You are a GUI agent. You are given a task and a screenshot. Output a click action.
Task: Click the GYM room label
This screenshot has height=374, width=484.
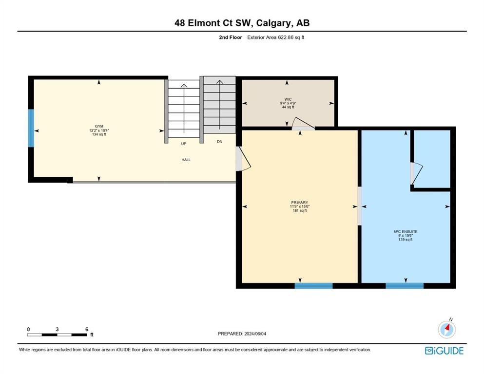tap(99, 127)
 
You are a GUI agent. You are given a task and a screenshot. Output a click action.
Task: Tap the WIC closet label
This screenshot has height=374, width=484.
tap(288, 99)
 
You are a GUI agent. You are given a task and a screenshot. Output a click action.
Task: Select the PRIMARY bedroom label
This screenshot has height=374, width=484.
tap(299, 203)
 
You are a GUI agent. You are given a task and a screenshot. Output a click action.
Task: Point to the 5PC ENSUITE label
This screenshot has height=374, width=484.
tap(406, 231)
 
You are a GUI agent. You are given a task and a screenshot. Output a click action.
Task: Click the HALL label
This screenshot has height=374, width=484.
tap(186, 160)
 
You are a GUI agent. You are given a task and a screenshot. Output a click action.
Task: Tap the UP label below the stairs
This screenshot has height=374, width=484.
tap(184, 144)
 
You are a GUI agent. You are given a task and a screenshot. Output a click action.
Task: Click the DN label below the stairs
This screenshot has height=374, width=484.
tap(219, 142)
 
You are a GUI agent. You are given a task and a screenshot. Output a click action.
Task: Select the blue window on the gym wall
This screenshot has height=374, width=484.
tap(31, 128)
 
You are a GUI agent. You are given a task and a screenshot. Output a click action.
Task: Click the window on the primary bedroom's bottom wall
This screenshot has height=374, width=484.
tap(313, 286)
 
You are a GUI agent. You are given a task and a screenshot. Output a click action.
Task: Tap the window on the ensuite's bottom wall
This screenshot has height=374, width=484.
tap(405, 286)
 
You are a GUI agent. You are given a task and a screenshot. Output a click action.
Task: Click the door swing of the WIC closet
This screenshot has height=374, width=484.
tap(303, 124)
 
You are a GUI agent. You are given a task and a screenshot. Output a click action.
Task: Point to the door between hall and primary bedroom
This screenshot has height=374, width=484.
tap(243, 159)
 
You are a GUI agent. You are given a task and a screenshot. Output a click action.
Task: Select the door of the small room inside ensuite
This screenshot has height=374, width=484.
tap(416, 173)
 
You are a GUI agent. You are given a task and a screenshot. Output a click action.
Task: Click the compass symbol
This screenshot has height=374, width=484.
tap(446, 329)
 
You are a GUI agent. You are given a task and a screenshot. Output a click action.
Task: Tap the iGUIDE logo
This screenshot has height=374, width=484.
tap(444, 351)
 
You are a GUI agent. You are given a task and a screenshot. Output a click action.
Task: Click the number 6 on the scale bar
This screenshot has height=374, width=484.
tap(87, 329)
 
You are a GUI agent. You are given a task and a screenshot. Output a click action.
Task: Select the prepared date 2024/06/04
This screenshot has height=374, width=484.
tap(255, 334)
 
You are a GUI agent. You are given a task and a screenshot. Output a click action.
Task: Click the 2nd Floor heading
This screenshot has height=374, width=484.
tap(231, 37)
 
